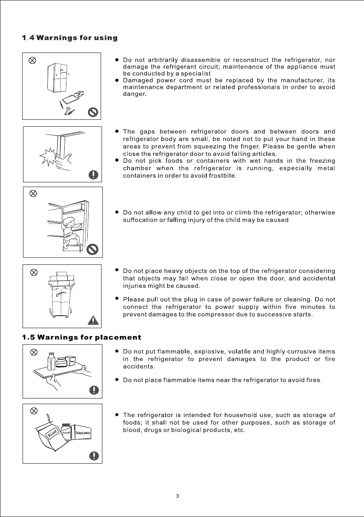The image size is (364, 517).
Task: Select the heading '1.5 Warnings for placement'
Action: pyautogui.click(x=82, y=337)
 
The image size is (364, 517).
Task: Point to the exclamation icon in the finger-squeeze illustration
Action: pyautogui.click(x=93, y=175)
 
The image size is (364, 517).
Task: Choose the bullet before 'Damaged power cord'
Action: pyautogui.click(x=117, y=81)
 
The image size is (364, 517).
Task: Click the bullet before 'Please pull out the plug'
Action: pyautogui.click(x=117, y=299)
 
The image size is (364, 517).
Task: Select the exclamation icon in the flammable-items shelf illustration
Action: pyautogui.click(x=93, y=389)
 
